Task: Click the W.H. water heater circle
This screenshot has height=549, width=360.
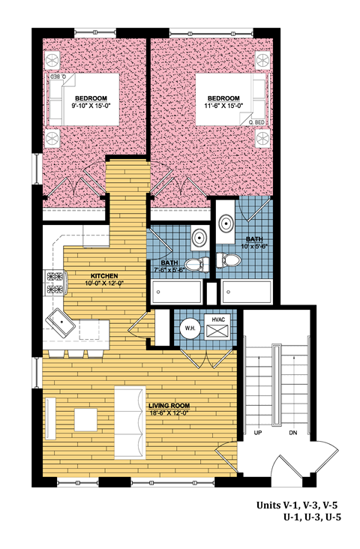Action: coord(190,328)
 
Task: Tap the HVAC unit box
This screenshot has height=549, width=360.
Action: coord(217,327)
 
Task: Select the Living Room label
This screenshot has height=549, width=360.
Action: coord(169,406)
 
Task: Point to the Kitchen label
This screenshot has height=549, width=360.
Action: coord(104,276)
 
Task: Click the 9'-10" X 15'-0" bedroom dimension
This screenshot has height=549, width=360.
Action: coord(91,105)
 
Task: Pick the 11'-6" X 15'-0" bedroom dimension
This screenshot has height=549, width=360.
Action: coord(223,105)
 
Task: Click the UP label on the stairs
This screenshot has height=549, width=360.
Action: coord(258,433)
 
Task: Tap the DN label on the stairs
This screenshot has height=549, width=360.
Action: coord(293,433)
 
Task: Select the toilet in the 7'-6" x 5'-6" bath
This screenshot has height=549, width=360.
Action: coord(196,265)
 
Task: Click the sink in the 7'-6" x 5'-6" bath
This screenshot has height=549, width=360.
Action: coord(199,238)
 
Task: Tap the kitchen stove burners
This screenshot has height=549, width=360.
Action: coord(55,283)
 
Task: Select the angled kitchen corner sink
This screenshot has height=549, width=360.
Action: coord(61,322)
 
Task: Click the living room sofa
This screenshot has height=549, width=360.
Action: coord(130,422)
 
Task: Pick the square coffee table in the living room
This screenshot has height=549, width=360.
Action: coord(85,420)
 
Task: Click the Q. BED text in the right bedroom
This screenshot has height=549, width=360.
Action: coord(256,122)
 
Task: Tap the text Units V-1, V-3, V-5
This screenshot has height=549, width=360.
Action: coord(297,505)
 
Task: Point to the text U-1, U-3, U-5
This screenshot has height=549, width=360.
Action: coord(312,517)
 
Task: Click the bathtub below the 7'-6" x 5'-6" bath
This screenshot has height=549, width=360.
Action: coord(176,292)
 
